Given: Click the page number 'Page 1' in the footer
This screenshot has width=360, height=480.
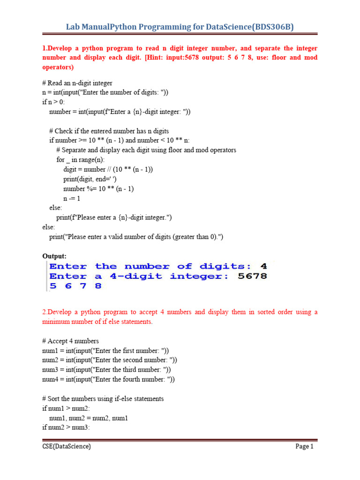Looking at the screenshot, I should point(304,447).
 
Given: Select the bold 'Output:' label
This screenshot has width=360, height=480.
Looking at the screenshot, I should point(54,256).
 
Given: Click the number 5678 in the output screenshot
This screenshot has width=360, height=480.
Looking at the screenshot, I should point(252,276).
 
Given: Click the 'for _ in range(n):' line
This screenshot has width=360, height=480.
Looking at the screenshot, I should point(81,160).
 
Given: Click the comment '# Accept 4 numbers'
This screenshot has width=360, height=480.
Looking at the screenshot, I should point(70,341).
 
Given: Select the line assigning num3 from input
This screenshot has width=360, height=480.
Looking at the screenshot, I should point(106,370).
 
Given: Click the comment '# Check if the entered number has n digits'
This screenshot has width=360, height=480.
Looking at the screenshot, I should point(109,131).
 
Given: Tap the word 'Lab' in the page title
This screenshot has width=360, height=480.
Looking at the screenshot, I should point(74,27).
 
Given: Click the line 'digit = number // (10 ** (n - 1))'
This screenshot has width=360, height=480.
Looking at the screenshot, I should point(108,169).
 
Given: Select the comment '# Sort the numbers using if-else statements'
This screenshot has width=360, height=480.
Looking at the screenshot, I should point(103,398).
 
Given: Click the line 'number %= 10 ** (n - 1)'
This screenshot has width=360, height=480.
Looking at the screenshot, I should point(98,188).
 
